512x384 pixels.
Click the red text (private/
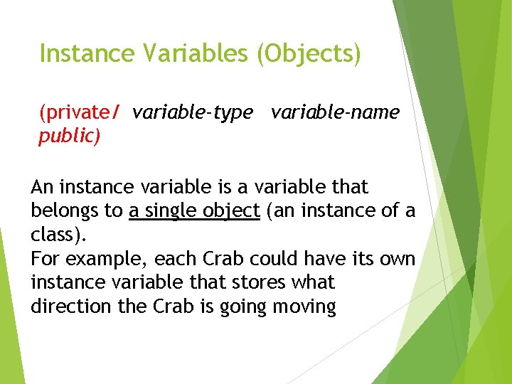pos(80,112)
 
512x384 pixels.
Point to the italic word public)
pos(69,137)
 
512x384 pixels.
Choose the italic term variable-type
pos(192,112)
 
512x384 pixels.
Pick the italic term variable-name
pos(335,112)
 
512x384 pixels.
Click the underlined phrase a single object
pos(194,211)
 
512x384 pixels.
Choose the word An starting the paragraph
pos(42,188)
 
